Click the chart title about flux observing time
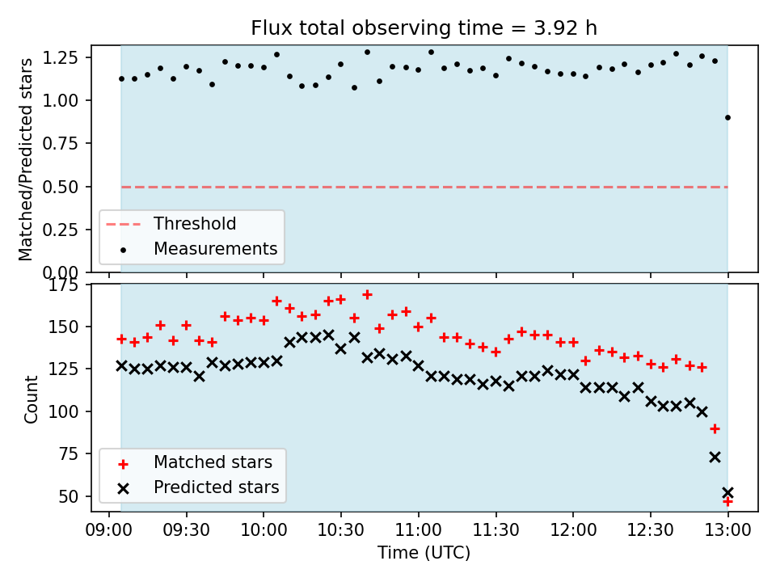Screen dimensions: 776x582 point(424,28)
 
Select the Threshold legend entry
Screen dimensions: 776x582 point(171,224)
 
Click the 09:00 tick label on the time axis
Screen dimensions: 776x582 point(109,530)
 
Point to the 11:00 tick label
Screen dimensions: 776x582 point(419,530)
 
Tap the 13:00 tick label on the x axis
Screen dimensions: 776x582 point(727,530)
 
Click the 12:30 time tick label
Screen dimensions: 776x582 point(650,530)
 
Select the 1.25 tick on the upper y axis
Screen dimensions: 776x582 point(61,58)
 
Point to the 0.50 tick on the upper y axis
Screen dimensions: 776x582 point(61,187)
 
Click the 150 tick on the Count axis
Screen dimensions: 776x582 point(63,327)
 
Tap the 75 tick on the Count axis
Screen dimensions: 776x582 point(68,453)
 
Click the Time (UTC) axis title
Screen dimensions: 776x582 point(424,552)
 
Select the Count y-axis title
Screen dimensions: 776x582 point(31,399)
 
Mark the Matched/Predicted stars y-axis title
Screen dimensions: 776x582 point(25,159)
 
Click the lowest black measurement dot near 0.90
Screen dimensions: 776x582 point(727,118)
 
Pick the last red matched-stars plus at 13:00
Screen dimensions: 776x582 point(727,501)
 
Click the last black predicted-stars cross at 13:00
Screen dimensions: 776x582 point(727,492)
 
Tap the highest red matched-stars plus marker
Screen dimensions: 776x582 point(367,295)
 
